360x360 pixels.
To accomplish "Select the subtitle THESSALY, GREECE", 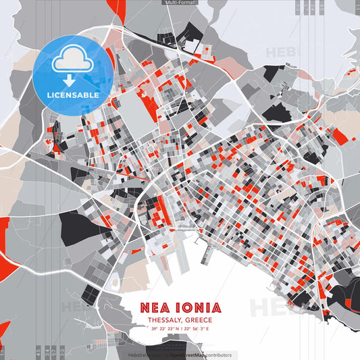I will [x=175, y=319].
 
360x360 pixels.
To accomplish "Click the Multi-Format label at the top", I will [x=178, y=3].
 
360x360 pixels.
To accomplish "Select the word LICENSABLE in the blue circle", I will [x=73, y=95].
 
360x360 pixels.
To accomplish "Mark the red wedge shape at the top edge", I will [x=116, y=8].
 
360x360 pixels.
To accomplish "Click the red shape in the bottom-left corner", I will [x=4, y=331].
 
